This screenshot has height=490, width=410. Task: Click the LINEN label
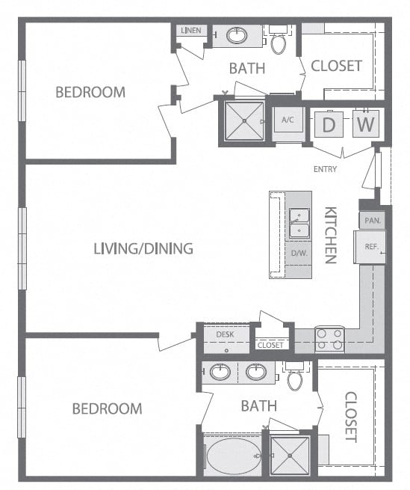click(x=191, y=31)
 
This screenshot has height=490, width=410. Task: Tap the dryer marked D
click(x=329, y=124)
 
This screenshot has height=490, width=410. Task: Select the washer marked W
click(x=366, y=123)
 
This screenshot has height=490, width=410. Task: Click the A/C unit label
click(x=288, y=120)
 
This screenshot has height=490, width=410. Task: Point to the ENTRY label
click(x=325, y=169)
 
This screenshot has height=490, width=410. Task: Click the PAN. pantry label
click(x=373, y=221)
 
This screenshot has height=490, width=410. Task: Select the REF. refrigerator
click(x=370, y=247)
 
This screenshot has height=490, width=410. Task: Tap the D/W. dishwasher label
click(x=299, y=253)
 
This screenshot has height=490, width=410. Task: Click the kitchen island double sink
click(x=299, y=223)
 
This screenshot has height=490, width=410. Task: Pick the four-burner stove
click(x=330, y=340)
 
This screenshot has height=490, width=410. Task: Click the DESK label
click(x=225, y=334)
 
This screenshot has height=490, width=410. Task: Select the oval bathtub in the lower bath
click(x=234, y=456)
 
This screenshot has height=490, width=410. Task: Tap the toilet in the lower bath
click(x=295, y=377)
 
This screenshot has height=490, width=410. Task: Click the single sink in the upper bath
click(x=237, y=36)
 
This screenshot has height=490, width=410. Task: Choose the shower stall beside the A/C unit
click(x=244, y=120)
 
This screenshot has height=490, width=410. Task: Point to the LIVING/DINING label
click(x=143, y=249)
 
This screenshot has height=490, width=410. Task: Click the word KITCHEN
click(x=330, y=235)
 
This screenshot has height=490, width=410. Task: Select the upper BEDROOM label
click(x=90, y=92)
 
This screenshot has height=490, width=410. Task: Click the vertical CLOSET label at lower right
click(x=351, y=417)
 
